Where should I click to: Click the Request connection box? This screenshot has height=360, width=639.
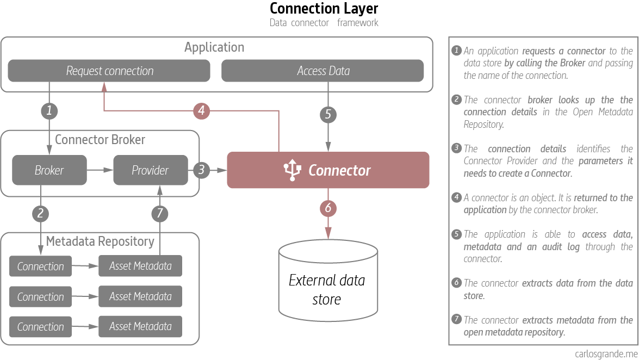pos(109,71)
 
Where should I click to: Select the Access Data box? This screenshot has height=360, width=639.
pos(322,71)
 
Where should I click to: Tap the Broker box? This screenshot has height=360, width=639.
pos(49,170)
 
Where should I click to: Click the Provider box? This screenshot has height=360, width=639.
pos(150,170)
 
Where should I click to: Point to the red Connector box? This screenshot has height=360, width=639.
pos(328,170)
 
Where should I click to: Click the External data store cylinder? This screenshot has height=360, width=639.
pos(327,283)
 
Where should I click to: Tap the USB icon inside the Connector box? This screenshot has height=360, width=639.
pos(292,170)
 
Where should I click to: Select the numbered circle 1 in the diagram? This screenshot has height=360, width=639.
pos(49,111)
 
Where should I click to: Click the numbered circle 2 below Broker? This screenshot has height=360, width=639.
pos(41,213)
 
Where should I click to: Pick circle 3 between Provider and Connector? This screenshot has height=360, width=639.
pos(201,170)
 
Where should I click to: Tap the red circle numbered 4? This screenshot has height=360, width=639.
pos(202,111)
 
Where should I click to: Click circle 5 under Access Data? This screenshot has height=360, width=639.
pos(327,114)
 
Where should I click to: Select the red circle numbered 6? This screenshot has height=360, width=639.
pos(327,208)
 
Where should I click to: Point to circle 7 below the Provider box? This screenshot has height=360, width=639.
pos(159,213)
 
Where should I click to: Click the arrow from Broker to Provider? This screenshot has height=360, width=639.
pos(100,170)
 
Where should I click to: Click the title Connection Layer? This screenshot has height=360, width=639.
pos(324,9)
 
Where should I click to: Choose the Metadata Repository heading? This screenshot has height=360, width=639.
pos(100,241)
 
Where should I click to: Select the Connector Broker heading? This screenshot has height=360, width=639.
pos(100,140)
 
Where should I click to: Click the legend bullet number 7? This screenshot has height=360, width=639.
pos(456,319)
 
